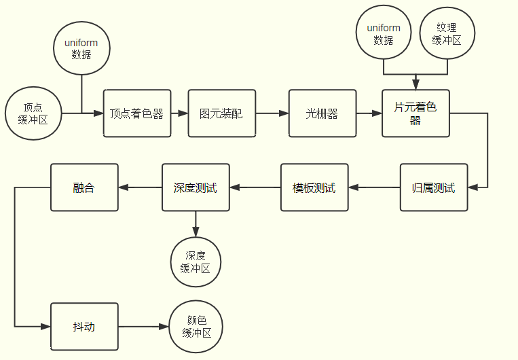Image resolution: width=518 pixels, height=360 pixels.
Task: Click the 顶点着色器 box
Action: (137, 113)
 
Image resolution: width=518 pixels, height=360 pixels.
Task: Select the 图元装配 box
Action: (222, 113)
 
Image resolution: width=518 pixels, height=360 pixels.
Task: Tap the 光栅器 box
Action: (322, 113)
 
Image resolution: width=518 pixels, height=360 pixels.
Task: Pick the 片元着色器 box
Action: (415, 113)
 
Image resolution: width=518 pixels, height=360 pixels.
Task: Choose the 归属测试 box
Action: (434, 187)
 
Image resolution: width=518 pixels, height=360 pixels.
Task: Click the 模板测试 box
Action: (314, 187)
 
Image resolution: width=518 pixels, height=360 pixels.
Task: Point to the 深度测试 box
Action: (196, 187)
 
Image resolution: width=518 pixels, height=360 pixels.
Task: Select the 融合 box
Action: (84, 187)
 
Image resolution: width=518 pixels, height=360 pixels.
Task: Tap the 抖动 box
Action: (84, 327)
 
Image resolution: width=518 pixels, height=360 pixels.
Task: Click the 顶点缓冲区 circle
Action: (32, 113)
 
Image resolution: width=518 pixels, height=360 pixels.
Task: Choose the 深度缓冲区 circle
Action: (196, 262)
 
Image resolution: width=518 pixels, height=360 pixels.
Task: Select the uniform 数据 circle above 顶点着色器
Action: (81, 48)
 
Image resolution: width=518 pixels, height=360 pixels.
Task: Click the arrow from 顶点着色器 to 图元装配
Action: (180, 113)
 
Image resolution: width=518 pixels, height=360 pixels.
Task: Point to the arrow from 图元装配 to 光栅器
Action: (272, 113)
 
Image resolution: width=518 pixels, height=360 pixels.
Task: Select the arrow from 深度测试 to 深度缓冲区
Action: (196, 223)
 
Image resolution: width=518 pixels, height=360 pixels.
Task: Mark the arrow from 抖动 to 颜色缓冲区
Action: (144, 327)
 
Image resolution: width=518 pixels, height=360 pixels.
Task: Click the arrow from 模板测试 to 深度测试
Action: (256, 187)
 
